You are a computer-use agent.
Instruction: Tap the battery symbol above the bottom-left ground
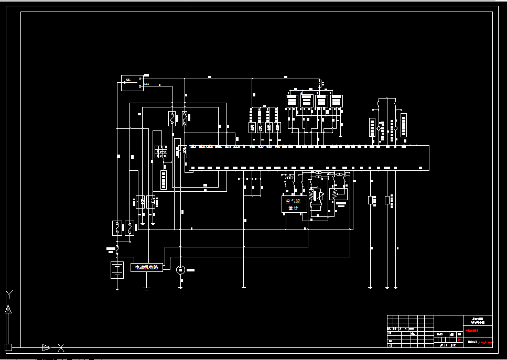pyautogui.click(x=116, y=270)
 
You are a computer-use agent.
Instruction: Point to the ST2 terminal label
pyautogui.click(x=147, y=84)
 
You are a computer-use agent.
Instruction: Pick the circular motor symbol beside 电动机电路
pyautogui.click(x=180, y=269)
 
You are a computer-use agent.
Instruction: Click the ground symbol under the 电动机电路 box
pyautogui.click(x=147, y=287)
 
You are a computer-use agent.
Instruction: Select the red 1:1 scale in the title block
pyautogui.click(x=460, y=340)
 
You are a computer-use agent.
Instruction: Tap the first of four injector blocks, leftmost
pyautogui.click(x=292, y=100)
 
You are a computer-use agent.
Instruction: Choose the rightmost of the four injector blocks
pyautogui.click(x=336, y=100)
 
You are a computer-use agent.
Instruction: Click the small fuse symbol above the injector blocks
pyautogui.click(x=319, y=83)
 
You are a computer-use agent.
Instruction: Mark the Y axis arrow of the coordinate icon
pyautogui.click(x=8, y=309)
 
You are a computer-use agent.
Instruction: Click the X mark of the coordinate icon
pyautogui.click(x=61, y=347)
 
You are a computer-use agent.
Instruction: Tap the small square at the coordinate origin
pyautogui.click(x=8, y=347)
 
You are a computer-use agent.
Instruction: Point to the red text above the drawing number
pyautogui.click(x=472, y=331)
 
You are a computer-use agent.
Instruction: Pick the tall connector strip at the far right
pyautogui.click(x=403, y=125)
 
